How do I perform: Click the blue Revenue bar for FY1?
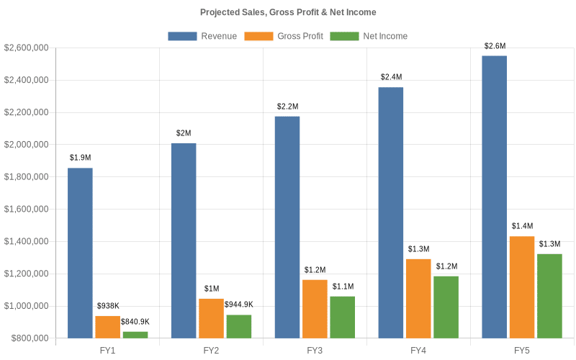[80, 253]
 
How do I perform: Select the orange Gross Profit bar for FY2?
[211, 318]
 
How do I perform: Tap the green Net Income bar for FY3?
[342, 317]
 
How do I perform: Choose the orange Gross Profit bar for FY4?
[418, 298]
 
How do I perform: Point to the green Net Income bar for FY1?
[135, 335]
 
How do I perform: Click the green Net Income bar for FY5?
[549, 296]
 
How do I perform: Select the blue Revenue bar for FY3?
[287, 227]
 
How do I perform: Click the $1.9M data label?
[80, 158]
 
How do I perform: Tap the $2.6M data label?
[495, 46]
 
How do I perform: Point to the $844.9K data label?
[238, 305]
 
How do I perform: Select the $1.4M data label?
[522, 226]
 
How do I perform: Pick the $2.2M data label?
[287, 107]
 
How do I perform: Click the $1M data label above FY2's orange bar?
[211, 289]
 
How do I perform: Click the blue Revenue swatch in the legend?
[183, 36]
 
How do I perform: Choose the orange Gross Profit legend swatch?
[258, 36]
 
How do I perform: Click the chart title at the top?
[288, 12]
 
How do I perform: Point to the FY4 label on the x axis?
[418, 350]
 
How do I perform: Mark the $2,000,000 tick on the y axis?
[27, 145]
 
